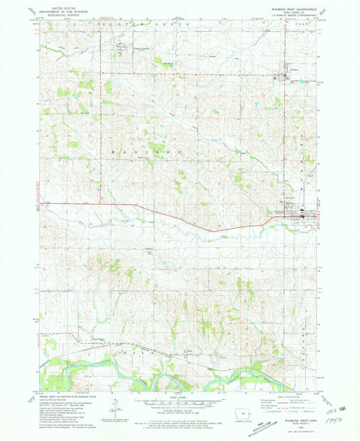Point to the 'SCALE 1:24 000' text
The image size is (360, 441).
click(x=179, y=397)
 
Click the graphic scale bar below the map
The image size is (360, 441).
click(x=179, y=404)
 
